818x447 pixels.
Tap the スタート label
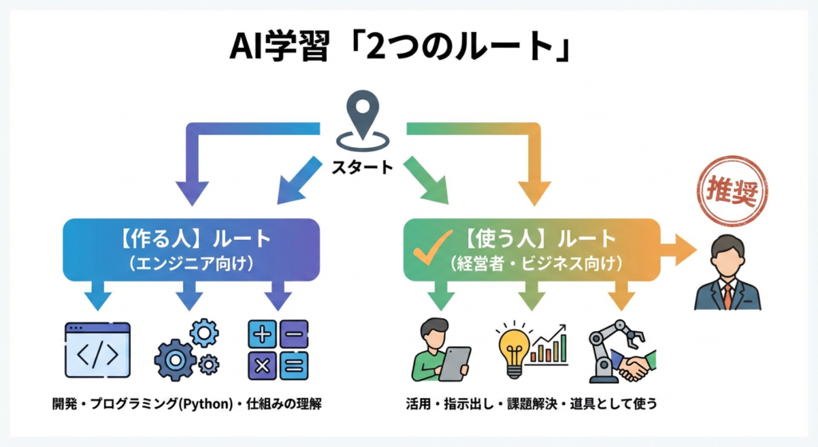(363, 167)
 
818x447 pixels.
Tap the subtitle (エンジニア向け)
(191, 262)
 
